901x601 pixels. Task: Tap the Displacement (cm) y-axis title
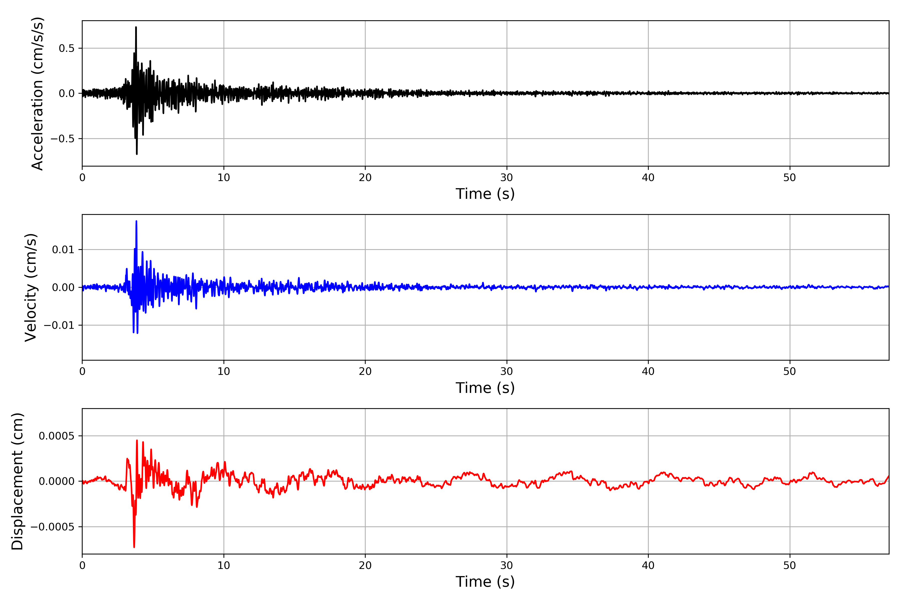click(18, 481)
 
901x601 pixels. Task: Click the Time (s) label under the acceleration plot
click(485, 194)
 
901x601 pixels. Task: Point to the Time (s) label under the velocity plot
click(485, 388)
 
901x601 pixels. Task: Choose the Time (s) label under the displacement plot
click(485, 582)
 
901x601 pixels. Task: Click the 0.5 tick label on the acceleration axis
click(66, 48)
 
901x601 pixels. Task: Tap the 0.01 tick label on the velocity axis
click(63, 250)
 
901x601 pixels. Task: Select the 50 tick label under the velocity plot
click(790, 371)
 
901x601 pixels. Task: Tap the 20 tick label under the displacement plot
click(365, 565)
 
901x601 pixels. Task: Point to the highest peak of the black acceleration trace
click(136, 27)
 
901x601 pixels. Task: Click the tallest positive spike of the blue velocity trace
click(136, 221)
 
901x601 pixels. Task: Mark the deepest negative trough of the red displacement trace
click(134, 547)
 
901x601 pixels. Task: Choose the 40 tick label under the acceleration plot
click(648, 178)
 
